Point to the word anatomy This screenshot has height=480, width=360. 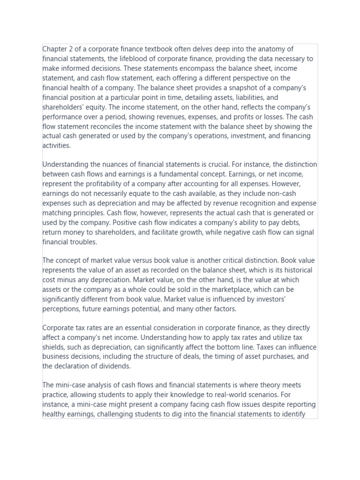(279, 49)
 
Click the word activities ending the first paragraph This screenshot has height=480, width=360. (56, 146)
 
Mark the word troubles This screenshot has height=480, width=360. (83, 242)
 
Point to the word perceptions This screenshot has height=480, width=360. (63, 309)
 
